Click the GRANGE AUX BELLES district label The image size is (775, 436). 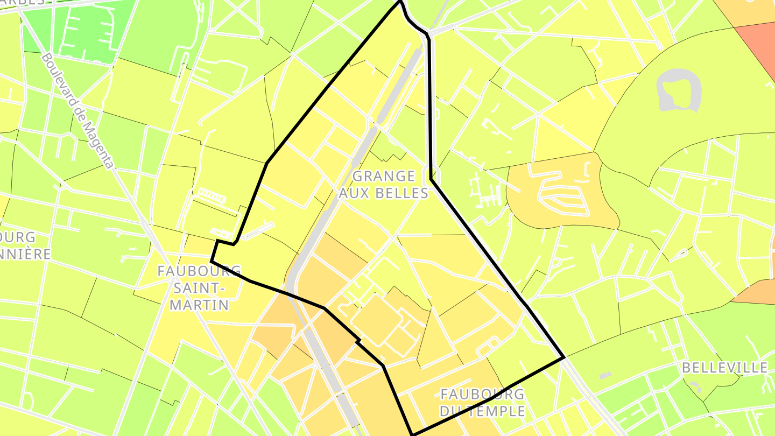384,185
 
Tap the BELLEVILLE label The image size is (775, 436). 724,368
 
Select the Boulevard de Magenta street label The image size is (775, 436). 77,110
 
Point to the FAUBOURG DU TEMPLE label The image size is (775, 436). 482,403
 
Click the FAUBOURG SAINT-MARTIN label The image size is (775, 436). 199,288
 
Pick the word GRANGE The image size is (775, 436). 384,177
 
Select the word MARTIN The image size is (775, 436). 199,305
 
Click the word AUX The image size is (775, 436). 352,193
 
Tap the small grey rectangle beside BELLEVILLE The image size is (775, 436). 605,375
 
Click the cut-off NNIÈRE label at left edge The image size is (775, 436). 24,254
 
